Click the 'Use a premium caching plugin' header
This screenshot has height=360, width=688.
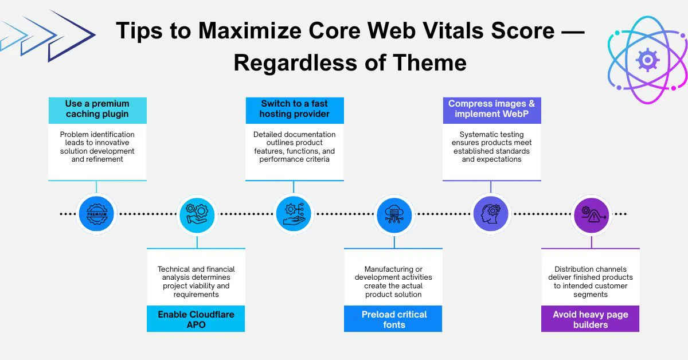[97, 109]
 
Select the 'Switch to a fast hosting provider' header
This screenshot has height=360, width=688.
[295, 109]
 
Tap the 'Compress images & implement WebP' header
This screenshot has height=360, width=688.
[491, 109]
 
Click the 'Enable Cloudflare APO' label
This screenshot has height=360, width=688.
[196, 319]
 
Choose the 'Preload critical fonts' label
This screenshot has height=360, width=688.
[394, 319]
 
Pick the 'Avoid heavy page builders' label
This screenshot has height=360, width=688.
[591, 319]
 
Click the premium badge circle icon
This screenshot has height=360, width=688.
[96, 214]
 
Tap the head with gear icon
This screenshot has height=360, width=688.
[491, 214]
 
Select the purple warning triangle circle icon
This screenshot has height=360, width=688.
[591, 214]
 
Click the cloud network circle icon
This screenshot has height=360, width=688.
[394, 214]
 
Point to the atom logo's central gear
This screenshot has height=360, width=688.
[647, 59]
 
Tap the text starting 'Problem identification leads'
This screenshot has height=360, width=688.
[97, 147]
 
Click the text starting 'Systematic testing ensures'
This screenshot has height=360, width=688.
[491, 147]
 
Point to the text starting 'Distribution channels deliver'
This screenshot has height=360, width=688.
[591, 281]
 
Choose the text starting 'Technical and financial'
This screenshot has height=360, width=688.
[196, 281]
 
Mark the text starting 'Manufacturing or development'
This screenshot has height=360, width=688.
[394, 281]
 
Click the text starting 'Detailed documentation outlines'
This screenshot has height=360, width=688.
[295, 147]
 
